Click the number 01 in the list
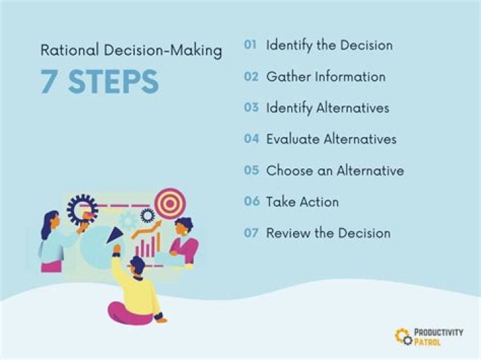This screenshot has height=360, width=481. [x=251, y=45]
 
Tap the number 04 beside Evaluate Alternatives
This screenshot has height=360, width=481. [x=251, y=139]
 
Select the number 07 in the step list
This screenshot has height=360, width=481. [x=251, y=233]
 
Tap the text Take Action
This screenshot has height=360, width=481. [x=302, y=202]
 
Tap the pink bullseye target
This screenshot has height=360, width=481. [x=170, y=203]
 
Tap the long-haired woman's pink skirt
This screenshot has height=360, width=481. [x=51, y=266]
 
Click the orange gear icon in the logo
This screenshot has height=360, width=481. [x=404, y=336]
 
